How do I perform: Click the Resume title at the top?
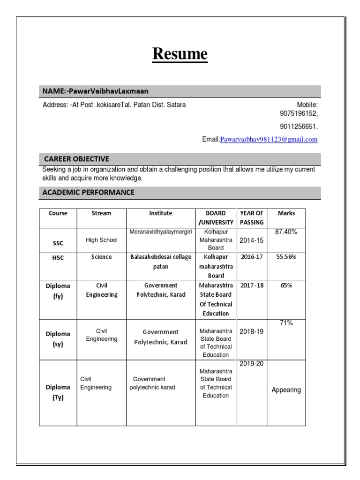pyautogui.click(x=180, y=54)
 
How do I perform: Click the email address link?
pyautogui.click(x=269, y=139)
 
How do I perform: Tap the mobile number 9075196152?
pyautogui.click(x=299, y=114)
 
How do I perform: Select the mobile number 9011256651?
pyautogui.click(x=299, y=127)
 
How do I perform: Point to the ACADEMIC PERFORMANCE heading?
pyautogui.click(x=88, y=192)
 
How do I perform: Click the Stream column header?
pyautogui.click(x=101, y=213)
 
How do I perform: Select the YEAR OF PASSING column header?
pyautogui.click(x=252, y=217)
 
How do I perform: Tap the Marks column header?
pyautogui.click(x=286, y=213)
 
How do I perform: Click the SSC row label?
pyautogui.click(x=58, y=243)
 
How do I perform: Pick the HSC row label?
pyautogui.click(x=58, y=257)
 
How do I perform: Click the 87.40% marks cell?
pyautogui.click(x=286, y=232)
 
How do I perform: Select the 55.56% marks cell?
pyautogui.click(x=286, y=257)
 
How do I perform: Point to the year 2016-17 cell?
pyautogui.click(x=252, y=257)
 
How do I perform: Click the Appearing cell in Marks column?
pyautogui.click(x=286, y=390)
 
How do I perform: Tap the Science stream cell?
pyautogui.click(x=101, y=257)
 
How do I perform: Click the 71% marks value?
pyautogui.click(x=286, y=323)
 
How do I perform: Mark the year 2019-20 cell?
pyautogui.click(x=252, y=364)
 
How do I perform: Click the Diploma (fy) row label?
pyautogui.click(x=58, y=291)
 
